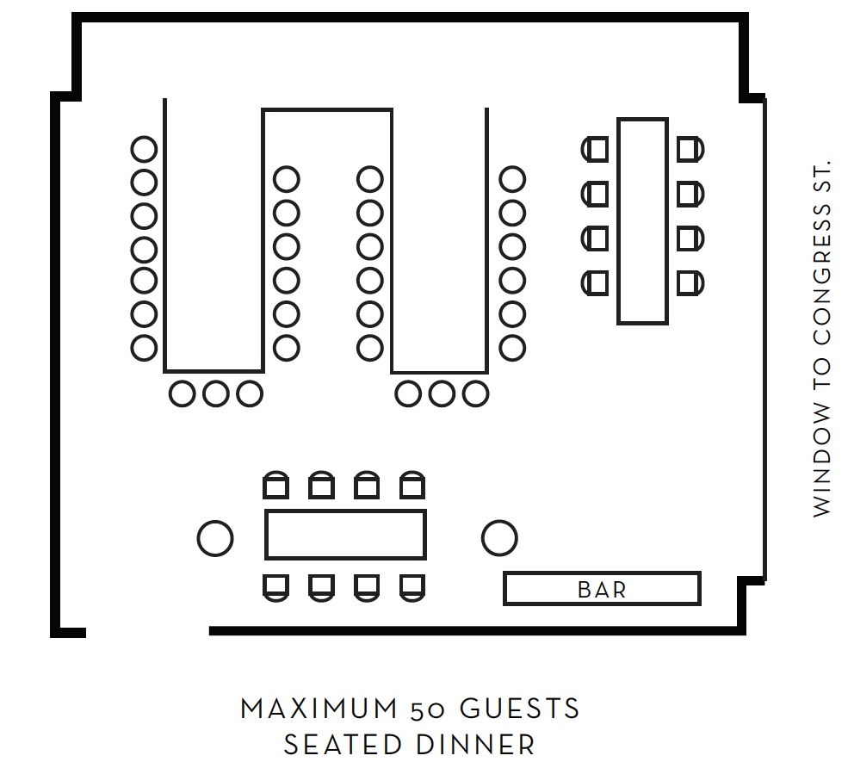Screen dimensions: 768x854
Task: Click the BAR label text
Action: (x=602, y=590)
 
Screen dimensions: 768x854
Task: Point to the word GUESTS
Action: (x=519, y=709)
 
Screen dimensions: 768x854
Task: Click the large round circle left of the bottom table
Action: (x=215, y=538)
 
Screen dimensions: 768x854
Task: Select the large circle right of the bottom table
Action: (x=498, y=538)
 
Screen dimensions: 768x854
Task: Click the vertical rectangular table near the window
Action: (x=642, y=221)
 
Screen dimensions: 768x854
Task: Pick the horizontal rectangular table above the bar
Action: (x=345, y=535)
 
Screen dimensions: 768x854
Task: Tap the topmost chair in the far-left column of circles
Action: (x=145, y=149)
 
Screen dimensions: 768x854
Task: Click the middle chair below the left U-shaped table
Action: (x=215, y=393)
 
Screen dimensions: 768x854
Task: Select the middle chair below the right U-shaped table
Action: (x=442, y=393)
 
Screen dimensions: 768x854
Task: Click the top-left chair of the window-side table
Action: (x=595, y=149)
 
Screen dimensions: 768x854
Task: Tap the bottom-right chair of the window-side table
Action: (x=689, y=282)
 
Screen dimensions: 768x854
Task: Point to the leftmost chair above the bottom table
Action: (x=275, y=486)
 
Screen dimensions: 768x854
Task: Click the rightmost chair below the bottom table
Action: (x=412, y=586)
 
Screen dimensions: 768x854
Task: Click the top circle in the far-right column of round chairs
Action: (x=512, y=179)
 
